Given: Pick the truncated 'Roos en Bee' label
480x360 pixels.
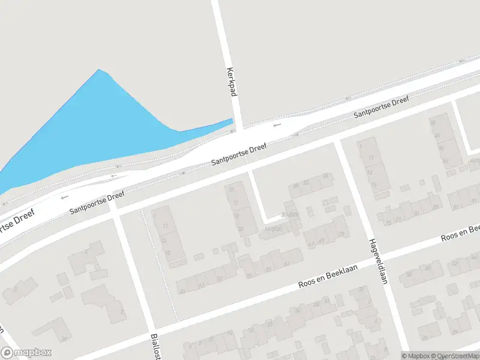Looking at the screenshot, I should [461, 233].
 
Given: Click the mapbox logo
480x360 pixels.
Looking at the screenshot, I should [26, 353].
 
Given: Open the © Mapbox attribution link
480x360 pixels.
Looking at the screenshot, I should [415, 356].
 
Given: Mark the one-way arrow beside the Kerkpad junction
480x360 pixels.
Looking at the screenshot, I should [277, 125].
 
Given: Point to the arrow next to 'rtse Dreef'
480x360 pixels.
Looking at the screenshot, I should [64, 197].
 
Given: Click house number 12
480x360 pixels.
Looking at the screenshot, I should [235, 203].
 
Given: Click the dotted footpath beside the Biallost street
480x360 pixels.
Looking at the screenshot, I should [159, 264].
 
